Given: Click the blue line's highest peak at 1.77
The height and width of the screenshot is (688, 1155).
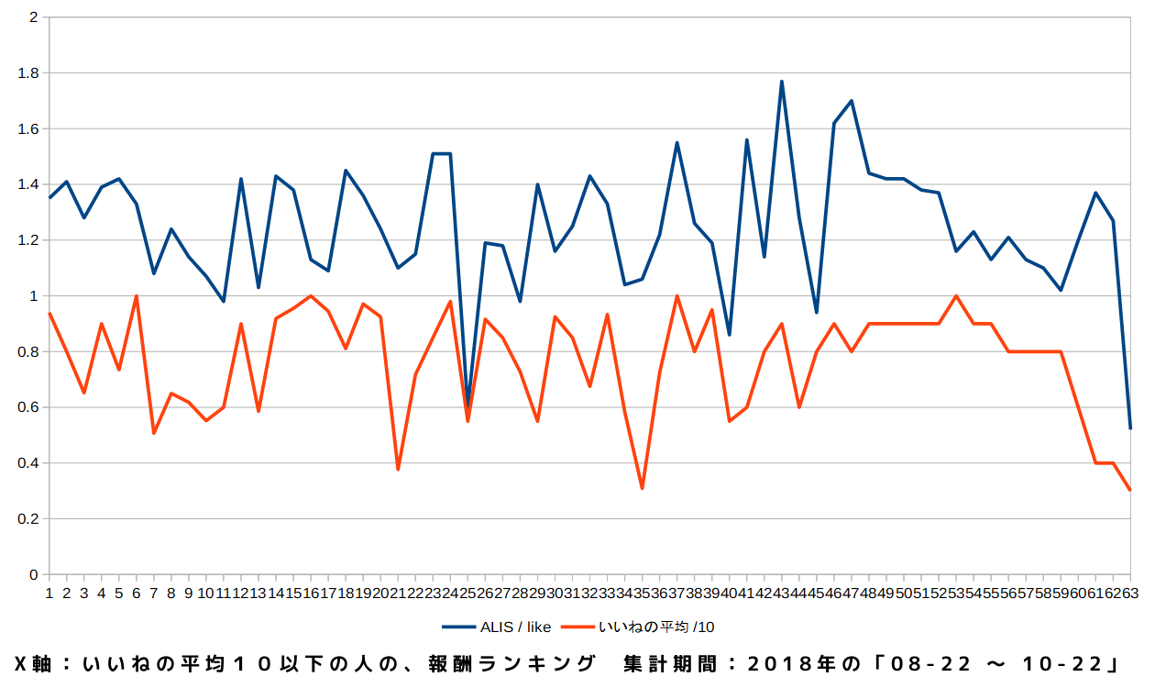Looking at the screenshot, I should [781, 81].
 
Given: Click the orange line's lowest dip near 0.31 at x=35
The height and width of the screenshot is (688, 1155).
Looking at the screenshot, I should [642, 488].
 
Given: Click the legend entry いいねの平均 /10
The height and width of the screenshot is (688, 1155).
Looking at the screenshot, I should [655, 627].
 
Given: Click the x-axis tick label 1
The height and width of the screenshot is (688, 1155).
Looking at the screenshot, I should [49, 594].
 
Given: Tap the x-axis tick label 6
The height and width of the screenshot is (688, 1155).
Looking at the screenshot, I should [137, 594].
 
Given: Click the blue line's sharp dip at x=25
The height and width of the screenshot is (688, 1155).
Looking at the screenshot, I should [467, 405].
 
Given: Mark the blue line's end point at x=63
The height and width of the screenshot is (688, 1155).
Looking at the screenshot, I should [1130, 428].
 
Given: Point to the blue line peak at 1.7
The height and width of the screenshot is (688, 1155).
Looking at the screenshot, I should [852, 101].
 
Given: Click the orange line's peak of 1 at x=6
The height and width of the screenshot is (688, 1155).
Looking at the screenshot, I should [137, 296].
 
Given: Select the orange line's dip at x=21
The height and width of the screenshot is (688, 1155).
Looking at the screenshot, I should [398, 469].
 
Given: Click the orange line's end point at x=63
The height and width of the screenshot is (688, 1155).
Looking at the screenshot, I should [1130, 490].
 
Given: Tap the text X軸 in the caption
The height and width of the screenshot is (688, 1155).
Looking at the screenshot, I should [35, 663].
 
